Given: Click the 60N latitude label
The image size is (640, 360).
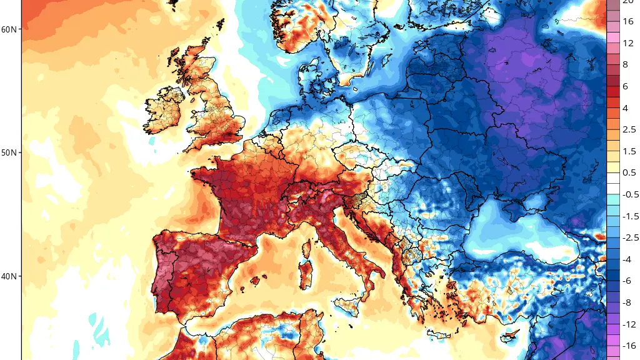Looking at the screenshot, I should [x=10, y=29].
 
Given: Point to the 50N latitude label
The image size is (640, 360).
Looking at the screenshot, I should [x=10, y=152].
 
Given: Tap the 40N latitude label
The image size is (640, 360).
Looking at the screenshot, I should [x=10, y=276].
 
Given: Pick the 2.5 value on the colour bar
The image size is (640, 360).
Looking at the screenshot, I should [x=629, y=129].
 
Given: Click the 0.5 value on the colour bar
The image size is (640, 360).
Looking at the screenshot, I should [x=629, y=172].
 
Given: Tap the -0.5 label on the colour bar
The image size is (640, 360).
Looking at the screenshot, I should [x=629, y=194].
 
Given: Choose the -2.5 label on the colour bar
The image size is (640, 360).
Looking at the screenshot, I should [x=629, y=237].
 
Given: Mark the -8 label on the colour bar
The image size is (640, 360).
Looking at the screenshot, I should [x=628, y=302].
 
